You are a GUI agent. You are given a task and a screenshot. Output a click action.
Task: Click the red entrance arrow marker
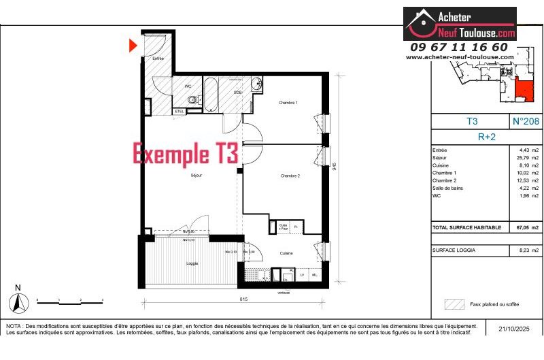point(133,46)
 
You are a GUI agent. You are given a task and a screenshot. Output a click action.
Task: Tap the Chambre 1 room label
point(288,103)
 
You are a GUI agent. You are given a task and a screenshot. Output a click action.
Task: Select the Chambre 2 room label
point(290,176)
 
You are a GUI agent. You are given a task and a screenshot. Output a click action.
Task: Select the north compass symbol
point(18,300)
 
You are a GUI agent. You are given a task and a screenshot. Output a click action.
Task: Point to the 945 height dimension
point(335,166)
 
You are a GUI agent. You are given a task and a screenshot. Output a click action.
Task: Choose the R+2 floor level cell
point(487,136)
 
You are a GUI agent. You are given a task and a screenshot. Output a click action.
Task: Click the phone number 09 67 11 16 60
point(459,47)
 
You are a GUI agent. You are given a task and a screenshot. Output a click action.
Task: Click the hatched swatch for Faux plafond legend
point(454,304)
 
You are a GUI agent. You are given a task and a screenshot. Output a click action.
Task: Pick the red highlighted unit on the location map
point(524,89)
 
